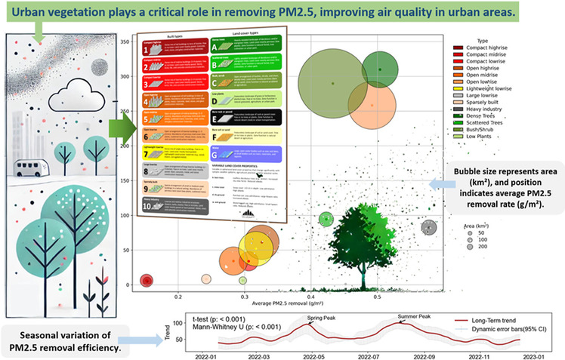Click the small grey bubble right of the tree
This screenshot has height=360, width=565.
point(430,227)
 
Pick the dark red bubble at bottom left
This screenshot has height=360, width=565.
point(147,281)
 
